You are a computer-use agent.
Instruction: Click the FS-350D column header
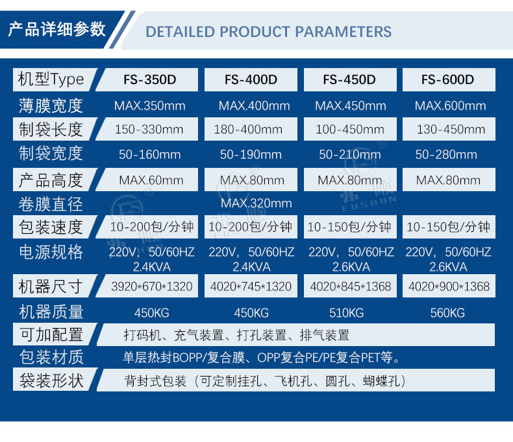point(149,80)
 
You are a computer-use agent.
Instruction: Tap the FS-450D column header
point(350,80)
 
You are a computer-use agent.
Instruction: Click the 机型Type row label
point(51,79)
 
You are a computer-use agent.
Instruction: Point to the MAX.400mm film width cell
point(254,106)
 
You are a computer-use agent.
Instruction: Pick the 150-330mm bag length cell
point(149,129)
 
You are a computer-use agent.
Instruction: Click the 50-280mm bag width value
point(446,154)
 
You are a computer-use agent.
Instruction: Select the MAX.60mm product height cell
point(151,180)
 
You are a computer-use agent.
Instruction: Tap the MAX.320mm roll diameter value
point(256,204)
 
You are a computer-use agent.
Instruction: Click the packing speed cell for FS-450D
point(350,227)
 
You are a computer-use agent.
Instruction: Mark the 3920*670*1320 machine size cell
point(151,286)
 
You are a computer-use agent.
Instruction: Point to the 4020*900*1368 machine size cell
point(449,286)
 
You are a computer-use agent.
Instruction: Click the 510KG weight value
point(347,313)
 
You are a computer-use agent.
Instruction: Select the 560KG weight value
point(447,313)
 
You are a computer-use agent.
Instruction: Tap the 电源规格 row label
point(51,252)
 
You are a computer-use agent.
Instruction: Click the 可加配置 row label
point(51,334)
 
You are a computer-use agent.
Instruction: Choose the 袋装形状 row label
point(51,380)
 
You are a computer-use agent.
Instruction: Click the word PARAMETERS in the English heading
point(344,32)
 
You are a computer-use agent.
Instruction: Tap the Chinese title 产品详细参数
point(57,29)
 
